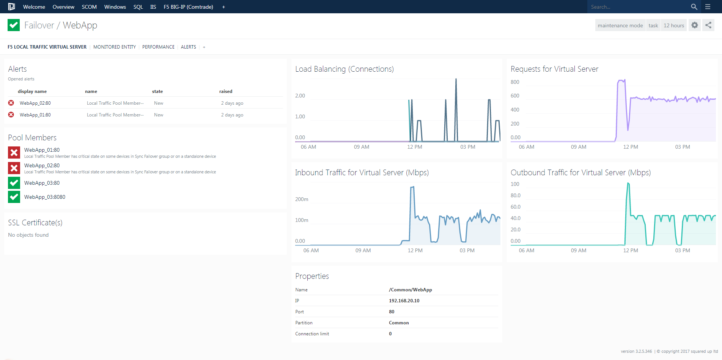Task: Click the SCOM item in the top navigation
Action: point(89,7)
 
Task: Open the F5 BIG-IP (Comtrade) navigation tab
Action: point(188,7)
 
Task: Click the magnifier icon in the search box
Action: point(694,7)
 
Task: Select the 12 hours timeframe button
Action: point(673,25)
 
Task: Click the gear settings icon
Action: point(694,25)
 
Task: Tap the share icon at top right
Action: point(708,25)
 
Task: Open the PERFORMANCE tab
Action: point(158,47)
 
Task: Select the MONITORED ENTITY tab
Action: point(115,47)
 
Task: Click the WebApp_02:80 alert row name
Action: point(35,103)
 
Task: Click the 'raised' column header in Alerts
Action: point(226,91)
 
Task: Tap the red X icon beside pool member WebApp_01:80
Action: point(14,152)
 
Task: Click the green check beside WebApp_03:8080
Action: point(14,197)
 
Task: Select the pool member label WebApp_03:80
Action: point(42,183)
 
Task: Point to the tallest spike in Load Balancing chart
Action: point(456,80)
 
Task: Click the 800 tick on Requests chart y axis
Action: point(515,82)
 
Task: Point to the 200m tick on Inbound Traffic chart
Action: point(302,199)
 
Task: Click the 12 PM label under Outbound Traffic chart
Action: point(631,250)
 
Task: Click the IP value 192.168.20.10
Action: point(404,300)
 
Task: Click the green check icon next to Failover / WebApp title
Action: point(14,25)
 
